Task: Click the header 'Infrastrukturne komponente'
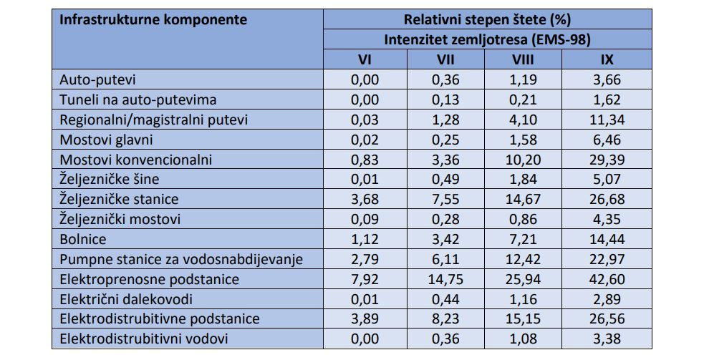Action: [153, 20]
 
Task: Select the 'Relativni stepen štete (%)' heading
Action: [487, 20]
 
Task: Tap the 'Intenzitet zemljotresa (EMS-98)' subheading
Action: [487, 40]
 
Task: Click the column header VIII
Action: [523, 59]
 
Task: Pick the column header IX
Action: [607, 59]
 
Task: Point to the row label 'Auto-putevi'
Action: [97, 80]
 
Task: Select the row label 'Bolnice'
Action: [83, 239]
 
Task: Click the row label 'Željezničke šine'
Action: [110, 180]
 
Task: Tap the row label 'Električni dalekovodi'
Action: [126, 299]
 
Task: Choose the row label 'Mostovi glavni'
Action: [107, 140]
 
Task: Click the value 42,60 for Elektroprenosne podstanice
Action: [607, 279]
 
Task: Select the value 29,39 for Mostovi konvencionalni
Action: [607, 160]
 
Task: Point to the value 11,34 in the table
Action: [607, 120]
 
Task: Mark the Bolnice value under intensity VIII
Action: [523, 239]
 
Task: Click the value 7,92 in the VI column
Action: [365, 279]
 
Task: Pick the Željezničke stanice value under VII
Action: [445, 199]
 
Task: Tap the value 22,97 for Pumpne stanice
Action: [607, 259]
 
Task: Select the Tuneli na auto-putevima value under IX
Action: [607, 99]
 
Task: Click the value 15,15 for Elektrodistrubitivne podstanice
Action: [523, 318]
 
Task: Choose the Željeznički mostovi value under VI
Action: [365, 219]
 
